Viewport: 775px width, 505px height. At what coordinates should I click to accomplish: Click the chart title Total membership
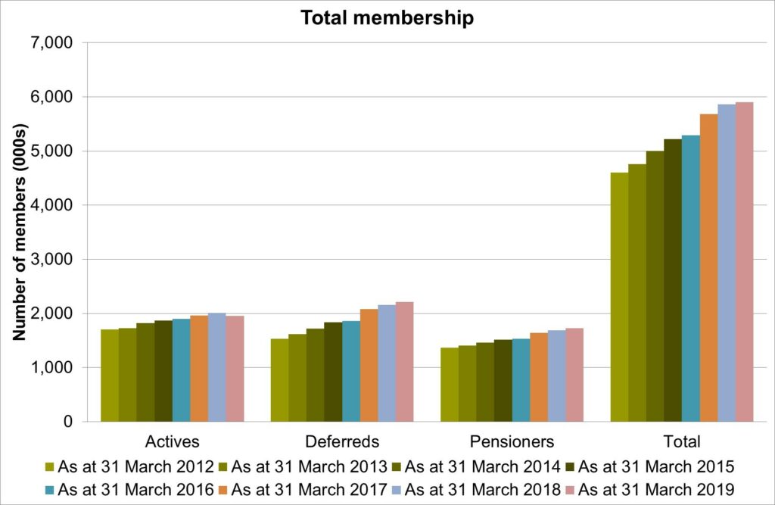(x=387, y=18)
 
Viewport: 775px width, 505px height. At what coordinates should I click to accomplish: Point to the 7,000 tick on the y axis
(x=52, y=43)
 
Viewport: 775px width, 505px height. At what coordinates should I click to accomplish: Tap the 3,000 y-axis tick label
(x=52, y=260)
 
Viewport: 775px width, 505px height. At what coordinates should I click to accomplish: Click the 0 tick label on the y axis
(x=67, y=422)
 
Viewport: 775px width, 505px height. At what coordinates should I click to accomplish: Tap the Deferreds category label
(x=342, y=441)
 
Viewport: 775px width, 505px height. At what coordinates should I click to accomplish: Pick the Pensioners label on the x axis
(x=512, y=441)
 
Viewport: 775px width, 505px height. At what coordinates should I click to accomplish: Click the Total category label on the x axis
(x=682, y=441)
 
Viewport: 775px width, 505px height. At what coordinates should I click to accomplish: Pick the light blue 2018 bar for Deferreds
(x=386, y=363)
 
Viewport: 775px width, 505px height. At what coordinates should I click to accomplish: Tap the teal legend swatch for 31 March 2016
(x=48, y=489)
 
